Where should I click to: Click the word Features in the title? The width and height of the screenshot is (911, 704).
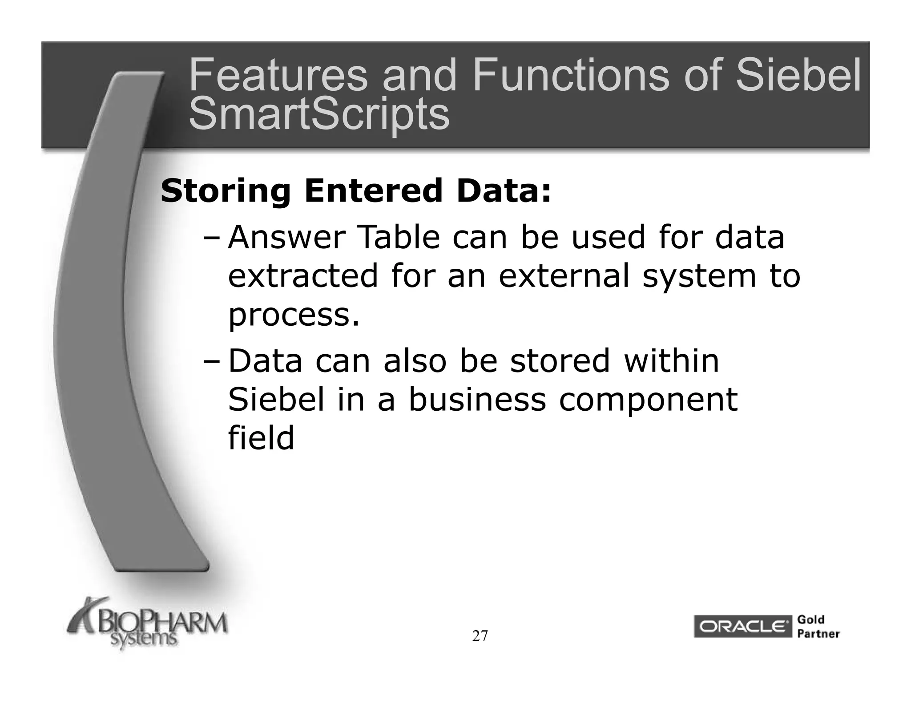(278, 76)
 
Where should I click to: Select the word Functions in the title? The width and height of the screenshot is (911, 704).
(571, 76)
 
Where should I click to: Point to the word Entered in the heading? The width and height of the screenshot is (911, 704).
(373, 190)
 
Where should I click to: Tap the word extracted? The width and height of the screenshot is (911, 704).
(303, 276)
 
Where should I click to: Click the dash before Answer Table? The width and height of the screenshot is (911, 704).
(211, 238)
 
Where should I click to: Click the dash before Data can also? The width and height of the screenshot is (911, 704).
(211, 361)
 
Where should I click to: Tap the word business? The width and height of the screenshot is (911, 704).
(477, 400)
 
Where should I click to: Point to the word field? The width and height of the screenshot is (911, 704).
(261, 438)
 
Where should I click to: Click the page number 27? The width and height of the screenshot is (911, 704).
(480, 636)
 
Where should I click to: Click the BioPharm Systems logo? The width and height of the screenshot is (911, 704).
(147, 625)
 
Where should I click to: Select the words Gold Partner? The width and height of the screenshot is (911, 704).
(818, 627)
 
